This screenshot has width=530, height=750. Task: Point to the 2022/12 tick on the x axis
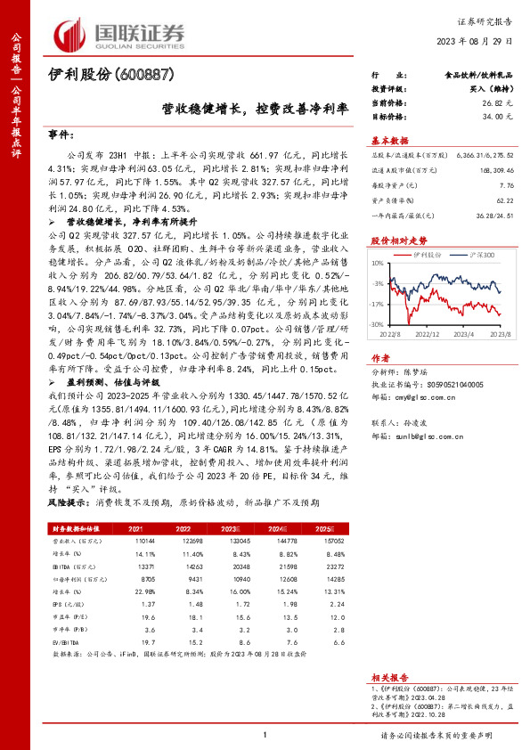[x=428, y=333]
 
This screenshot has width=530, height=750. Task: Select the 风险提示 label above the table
[x=65, y=502]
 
